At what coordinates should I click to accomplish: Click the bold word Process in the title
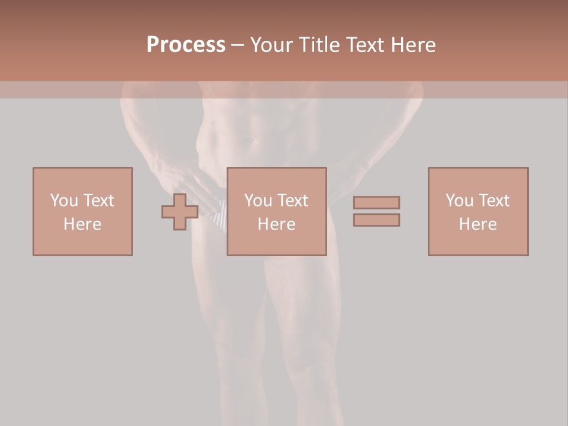pos(186,45)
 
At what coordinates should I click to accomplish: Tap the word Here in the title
pos(412,45)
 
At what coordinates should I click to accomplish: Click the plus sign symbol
pos(180,212)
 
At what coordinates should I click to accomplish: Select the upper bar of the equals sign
pos(376,202)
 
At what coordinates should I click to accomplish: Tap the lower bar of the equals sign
pos(376,220)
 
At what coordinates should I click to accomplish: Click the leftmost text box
pos(83,211)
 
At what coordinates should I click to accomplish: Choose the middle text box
pos(277,211)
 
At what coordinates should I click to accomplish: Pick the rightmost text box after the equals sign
pos(478,211)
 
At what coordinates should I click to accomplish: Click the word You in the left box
pos(63,201)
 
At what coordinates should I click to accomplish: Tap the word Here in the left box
pos(83,224)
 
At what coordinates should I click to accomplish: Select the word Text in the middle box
pos(292,201)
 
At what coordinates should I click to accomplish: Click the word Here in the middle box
pos(277,224)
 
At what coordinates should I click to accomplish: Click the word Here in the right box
pos(478,224)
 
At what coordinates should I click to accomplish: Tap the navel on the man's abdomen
pos(251,140)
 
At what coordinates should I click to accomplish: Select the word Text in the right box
pos(493,201)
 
